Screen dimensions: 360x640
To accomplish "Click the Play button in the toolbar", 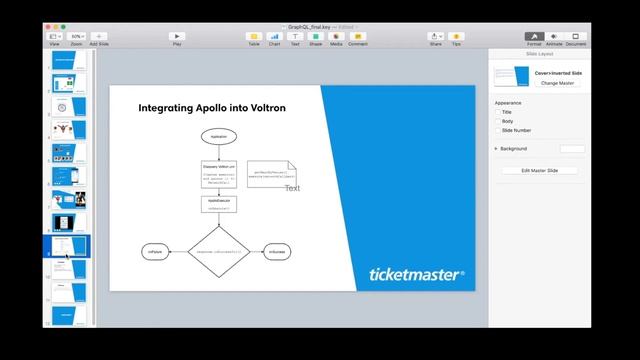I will click(x=177, y=37).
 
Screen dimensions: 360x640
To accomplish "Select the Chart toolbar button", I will click(x=274, y=37).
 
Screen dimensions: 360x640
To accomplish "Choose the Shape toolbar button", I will click(x=315, y=37).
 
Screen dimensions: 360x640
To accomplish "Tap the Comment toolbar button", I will click(x=357, y=37).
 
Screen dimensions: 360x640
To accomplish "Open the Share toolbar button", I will click(x=436, y=37).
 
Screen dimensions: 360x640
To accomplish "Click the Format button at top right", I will click(x=534, y=37).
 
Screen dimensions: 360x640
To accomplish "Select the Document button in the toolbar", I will click(x=576, y=37).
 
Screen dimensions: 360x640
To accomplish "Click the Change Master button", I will click(x=557, y=83).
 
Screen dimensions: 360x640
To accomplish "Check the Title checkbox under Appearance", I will click(x=498, y=112).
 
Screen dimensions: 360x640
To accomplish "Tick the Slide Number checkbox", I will click(x=498, y=130).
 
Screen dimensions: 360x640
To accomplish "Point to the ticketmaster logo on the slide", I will click(x=416, y=274).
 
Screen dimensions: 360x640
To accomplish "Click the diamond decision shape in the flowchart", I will click(x=218, y=252).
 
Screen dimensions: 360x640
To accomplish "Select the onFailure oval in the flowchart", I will click(x=154, y=252).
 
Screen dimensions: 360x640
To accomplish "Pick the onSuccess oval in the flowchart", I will click(x=278, y=252).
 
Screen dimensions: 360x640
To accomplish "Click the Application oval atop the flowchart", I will click(x=218, y=136).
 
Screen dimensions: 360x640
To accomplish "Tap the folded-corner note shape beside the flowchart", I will click(x=271, y=173).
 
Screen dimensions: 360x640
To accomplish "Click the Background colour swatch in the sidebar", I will click(x=572, y=149).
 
